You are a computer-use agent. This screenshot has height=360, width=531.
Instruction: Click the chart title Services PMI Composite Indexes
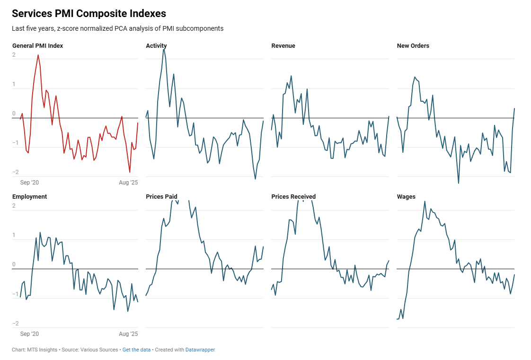pos(88,14)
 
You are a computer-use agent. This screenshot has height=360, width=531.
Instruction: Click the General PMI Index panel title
pos(37,46)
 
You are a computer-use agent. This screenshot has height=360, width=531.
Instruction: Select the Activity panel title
pos(156,46)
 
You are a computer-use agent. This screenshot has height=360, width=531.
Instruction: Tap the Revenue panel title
pos(283,46)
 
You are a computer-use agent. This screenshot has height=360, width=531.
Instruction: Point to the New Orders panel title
pos(413,46)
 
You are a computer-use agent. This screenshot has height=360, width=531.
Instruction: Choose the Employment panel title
pos(29,197)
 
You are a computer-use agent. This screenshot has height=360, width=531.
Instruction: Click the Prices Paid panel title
pos(161,197)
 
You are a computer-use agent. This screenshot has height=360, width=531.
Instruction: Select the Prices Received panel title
pos(293,197)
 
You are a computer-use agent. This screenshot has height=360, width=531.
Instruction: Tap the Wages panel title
pos(406,197)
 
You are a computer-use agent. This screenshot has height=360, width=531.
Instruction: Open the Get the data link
pos(136,350)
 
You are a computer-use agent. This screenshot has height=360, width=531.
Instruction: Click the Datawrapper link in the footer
pos(200,350)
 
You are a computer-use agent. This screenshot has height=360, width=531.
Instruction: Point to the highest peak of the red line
pos(38,55)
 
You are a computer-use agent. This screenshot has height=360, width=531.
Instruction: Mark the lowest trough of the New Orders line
pos(458,183)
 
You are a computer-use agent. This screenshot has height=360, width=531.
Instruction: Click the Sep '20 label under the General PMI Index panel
pos(29,182)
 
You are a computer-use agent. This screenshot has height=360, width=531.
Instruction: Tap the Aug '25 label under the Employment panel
pos(128,334)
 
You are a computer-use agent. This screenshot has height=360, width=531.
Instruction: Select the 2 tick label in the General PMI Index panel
pos(14,55)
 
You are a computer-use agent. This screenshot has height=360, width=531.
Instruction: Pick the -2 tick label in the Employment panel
pos(15,324)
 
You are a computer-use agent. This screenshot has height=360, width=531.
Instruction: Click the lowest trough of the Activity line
pos(255,179)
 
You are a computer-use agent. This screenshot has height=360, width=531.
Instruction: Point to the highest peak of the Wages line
pos(425,201)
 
